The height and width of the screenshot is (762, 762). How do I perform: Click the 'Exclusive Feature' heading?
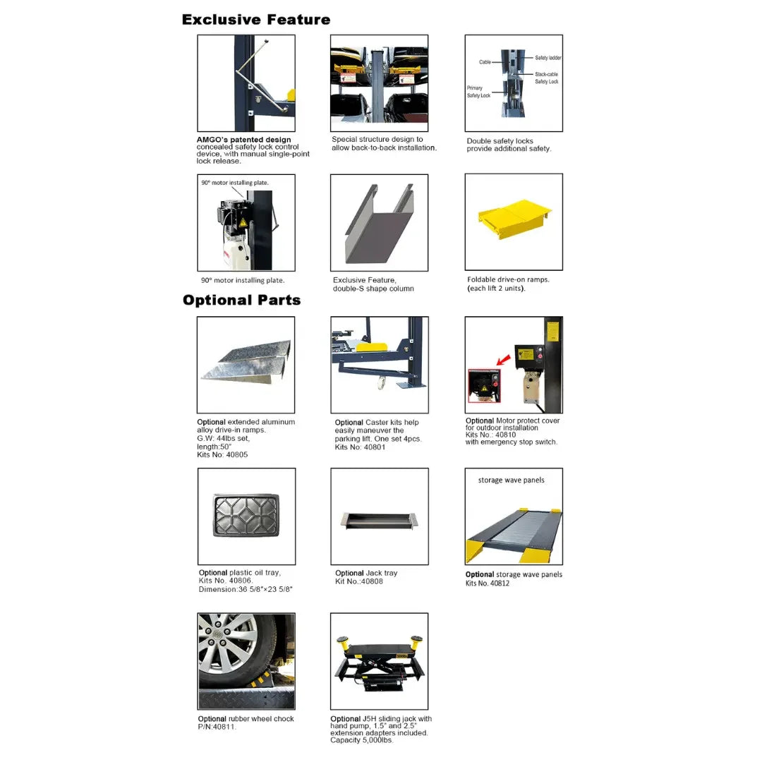click(x=255, y=20)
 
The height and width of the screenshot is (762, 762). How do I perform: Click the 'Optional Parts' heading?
click(x=241, y=300)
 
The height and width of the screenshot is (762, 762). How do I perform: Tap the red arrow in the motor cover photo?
click(x=504, y=361)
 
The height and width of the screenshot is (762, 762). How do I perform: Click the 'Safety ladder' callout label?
click(x=548, y=58)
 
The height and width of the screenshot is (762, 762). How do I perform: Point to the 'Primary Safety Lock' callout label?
click(x=478, y=92)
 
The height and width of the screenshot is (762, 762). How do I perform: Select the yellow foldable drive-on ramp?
click(x=514, y=218)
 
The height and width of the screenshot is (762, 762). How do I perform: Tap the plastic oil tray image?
click(x=246, y=515)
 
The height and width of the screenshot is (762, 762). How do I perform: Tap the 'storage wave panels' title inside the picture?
click(x=511, y=480)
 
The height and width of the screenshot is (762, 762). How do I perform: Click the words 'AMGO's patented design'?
click(x=243, y=140)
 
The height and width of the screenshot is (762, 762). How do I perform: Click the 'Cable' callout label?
click(x=485, y=62)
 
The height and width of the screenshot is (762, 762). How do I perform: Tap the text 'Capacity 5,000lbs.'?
click(x=361, y=740)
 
